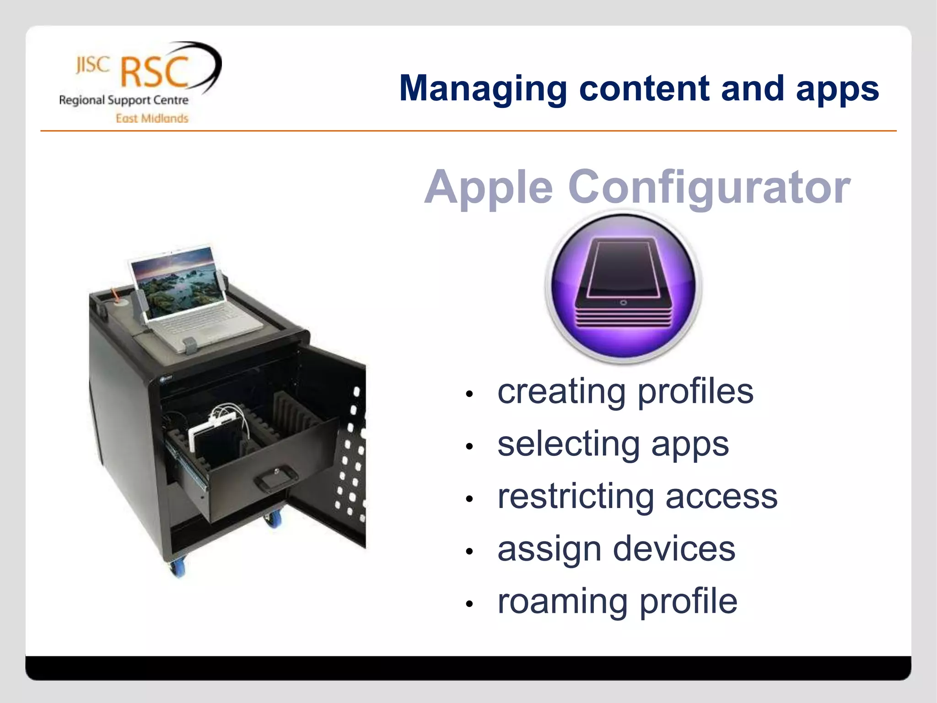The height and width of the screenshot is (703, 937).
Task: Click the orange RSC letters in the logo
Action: tap(155, 72)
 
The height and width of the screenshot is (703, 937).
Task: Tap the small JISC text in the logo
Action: tap(93, 65)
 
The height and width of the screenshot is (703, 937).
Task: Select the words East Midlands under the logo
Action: tap(152, 119)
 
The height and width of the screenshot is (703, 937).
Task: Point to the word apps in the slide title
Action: tap(837, 89)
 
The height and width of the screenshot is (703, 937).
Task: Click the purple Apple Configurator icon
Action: tap(623, 287)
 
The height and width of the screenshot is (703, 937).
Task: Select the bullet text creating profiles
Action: tap(625, 392)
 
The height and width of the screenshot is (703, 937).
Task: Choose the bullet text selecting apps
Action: tap(613, 444)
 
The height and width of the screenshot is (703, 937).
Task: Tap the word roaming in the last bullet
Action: tap(562, 601)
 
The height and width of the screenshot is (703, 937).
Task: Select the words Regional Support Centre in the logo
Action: tap(124, 100)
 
